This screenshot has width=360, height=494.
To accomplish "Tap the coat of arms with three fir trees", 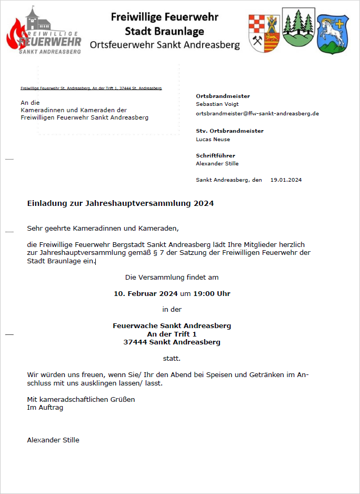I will coord(298,28).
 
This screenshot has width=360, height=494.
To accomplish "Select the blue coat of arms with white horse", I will coord(333,34).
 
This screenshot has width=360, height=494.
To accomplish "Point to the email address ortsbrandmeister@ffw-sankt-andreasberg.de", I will coord(257,113).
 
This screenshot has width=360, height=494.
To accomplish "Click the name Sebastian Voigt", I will coord(217,104).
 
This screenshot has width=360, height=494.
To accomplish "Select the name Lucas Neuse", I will coord(213,140).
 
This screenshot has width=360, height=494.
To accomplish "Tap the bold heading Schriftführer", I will coord(215,155).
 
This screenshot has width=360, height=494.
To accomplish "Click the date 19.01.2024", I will coord(286,180).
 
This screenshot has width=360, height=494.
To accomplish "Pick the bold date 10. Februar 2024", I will coord(146,293).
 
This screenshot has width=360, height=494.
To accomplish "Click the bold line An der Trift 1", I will coord(172,334).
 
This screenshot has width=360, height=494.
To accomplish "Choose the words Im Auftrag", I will coord(45,408).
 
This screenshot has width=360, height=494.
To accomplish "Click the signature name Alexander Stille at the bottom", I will coord(53,440).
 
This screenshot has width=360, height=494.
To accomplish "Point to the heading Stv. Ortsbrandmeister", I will coord(229,131).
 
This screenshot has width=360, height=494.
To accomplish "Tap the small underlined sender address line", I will coord(91,88).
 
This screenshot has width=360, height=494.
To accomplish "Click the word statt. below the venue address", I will coord(172,359).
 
